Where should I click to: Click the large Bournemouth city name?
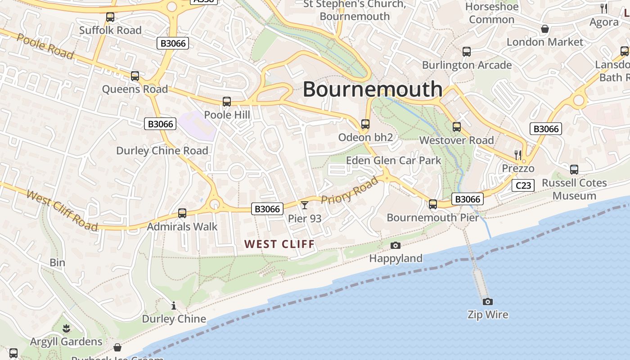372,89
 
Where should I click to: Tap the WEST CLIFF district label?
279,244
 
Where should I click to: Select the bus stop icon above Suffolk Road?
110,17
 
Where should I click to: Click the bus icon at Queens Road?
135,76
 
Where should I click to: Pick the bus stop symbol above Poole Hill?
227,102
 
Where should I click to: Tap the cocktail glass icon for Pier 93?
305,205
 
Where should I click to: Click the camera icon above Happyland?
396,245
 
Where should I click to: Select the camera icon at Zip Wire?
487,301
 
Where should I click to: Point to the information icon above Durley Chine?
174,306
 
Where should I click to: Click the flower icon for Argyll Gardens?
66,328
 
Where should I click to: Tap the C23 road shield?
523,185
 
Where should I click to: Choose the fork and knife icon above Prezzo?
518,155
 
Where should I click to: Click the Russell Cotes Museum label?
574,189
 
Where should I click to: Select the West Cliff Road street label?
62,210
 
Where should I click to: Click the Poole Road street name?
45,45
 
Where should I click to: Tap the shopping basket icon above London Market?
544,29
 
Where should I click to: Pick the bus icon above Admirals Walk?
182,213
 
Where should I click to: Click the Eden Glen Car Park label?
393,161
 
